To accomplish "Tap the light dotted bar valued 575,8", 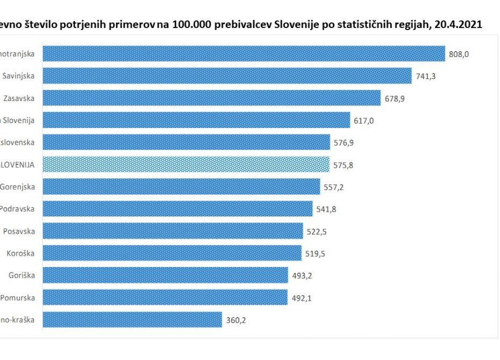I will tap(186, 164).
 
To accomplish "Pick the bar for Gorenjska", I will tap(181, 186).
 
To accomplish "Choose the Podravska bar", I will tap(177, 208).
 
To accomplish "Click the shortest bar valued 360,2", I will tap(132, 320).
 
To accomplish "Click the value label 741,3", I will tap(425, 76).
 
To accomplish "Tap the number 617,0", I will tap(363, 120).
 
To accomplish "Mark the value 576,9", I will tap(344, 142).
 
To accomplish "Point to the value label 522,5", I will tap(317, 231).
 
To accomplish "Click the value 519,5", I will tap(315, 253).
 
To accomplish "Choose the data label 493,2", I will tap(302, 276).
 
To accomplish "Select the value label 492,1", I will tap(301, 298).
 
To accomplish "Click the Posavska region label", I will tap(19, 231).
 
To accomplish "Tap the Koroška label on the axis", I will tap(21, 253).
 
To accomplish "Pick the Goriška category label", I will tap(22, 276).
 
